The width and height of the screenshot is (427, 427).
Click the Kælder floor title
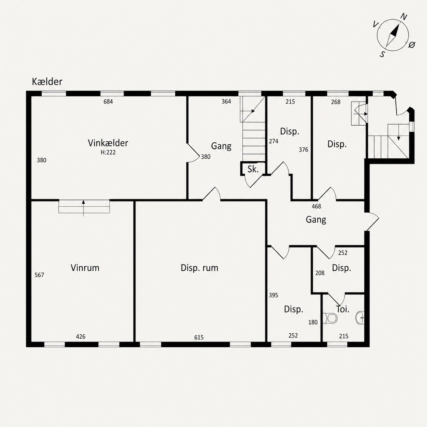(x=47, y=82)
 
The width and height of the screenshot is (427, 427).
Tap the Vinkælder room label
(x=108, y=143)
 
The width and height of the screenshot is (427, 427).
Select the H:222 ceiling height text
(x=108, y=153)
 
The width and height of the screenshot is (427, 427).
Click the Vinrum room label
(x=85, y=268)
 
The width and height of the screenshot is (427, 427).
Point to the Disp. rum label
(x=200, y=268)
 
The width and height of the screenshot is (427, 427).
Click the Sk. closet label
(x=253, y=170)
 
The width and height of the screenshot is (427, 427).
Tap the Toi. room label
(x=343, y=309)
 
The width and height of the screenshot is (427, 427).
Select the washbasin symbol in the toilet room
(x=360, y=318)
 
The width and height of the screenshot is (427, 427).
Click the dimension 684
(x=108, y=102)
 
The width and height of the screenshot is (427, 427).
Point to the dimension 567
(x=39, y=275)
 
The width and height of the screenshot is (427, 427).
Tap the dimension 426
(x=80, y=336)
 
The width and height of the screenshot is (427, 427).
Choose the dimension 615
(x=199, y=337)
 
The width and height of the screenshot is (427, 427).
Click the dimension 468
(x=316, y=206)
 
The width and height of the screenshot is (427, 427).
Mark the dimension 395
(x=273, y=295)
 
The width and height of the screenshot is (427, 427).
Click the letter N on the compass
(x=404, y=17)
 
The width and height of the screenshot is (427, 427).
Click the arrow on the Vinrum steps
(x=83, y=208)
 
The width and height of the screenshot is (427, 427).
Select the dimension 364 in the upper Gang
(x=226, y=101)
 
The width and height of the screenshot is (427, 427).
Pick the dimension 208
(x=320, y=273)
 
